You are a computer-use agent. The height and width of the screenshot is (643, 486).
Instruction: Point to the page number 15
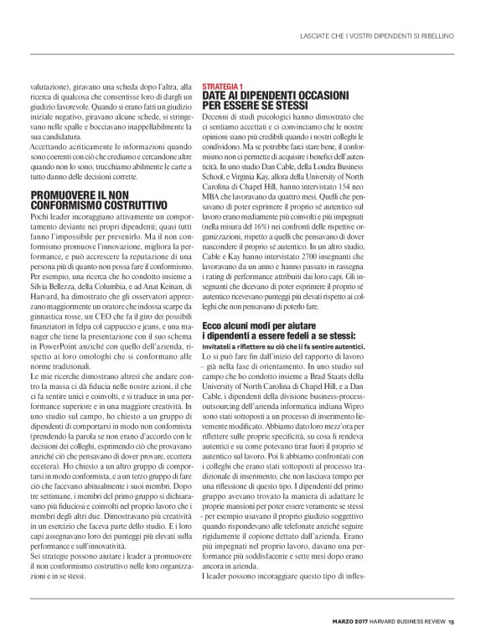coord(450,621)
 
